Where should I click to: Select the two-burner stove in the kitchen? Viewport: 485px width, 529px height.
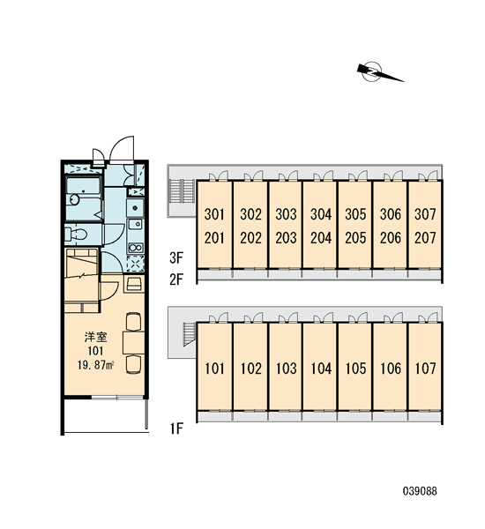click(x=135, y=248)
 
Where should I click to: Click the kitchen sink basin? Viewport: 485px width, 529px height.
click(x=136, y=223)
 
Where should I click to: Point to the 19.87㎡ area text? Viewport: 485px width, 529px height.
click(x=96, y=365)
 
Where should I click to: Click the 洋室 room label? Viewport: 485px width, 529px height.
click(x=96, y=337)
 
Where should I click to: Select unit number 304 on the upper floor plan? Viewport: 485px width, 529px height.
click(x=321, y=214)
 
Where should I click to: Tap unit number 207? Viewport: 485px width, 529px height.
click(x=425, y=238)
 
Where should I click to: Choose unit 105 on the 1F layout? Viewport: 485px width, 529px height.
click(x=355, y=369)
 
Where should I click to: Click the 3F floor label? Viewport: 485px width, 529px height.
click(x=176, y=258)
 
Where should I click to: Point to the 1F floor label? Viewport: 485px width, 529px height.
click(x=176, y=428)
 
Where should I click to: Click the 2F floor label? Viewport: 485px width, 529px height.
click(x=176, y=279)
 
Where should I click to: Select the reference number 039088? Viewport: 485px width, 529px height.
click(x=420, y=491)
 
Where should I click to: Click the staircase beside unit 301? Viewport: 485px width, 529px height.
click(x=182, y=191)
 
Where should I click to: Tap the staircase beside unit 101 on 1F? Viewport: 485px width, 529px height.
click(x=190, y=334)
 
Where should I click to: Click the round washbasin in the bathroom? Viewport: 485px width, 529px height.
click(x=73, y=199)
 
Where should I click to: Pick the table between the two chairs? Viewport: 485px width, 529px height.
click(x=133, y=342)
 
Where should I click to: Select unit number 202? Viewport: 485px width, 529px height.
click(x=250, y=238)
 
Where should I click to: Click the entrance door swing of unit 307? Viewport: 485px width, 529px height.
click(x=429, y=175)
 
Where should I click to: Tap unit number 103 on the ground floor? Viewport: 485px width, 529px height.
click(x=286, y=369)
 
